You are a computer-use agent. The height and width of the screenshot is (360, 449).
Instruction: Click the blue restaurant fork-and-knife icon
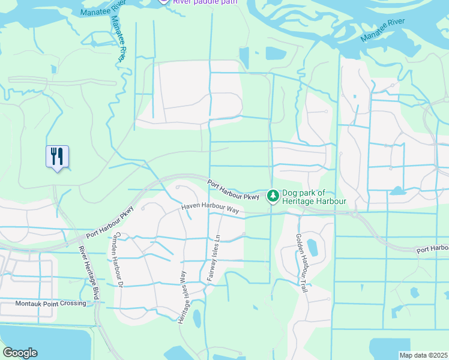[57, 157]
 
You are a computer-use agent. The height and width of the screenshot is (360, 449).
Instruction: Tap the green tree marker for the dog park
[273, 196]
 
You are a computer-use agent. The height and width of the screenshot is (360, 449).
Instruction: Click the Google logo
[20, 353]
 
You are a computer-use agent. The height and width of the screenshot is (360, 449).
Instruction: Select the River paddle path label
[205, 2]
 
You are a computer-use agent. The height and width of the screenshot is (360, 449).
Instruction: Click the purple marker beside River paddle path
[163, 2]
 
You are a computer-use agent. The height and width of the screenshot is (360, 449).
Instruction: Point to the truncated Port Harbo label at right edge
[433, 248]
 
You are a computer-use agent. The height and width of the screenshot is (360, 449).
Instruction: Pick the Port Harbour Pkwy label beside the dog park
[234, 190]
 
